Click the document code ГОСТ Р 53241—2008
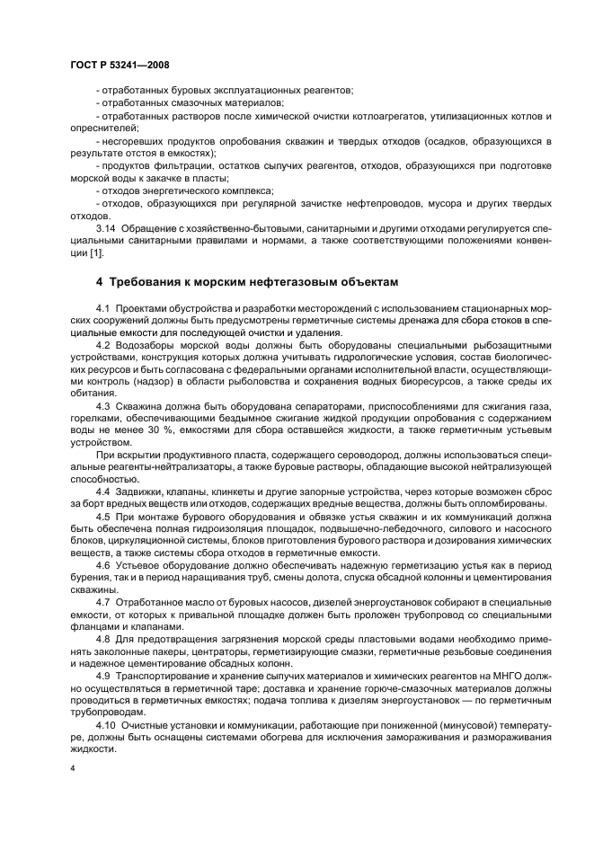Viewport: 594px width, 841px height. point(119,65)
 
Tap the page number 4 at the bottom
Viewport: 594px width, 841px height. point(73,769)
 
